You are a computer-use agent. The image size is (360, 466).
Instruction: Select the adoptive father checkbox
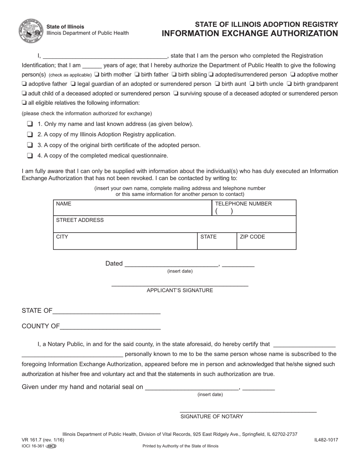click(24, 84)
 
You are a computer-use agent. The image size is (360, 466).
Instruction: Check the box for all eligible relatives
click(24, 103)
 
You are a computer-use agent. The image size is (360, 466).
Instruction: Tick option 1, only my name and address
click(30, 124)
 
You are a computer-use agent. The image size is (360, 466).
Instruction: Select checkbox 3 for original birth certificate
click(30, 145)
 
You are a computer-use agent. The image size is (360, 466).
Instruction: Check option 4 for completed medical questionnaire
click(30, 155)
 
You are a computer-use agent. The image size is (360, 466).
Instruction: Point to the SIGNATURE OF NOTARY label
click(211, 416)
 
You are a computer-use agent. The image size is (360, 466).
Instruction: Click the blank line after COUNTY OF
click(110, 327)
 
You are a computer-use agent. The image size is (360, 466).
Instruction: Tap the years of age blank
click(92, 66)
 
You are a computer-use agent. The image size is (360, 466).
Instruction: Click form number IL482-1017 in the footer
click(326, 440)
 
